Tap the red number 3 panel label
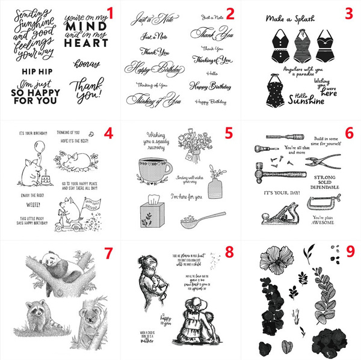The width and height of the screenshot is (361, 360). (348, 12)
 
